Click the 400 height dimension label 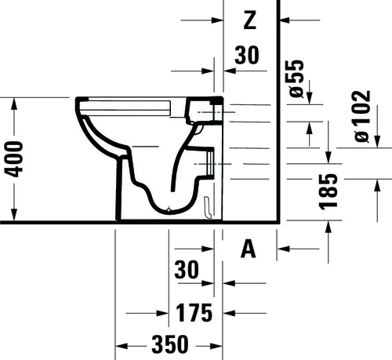pos(13,159)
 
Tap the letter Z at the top pos(250,20)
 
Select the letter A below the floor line pos(249,249)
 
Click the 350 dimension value pos(170,344)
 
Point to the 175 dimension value pos(194,313)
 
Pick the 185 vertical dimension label pos(328,192)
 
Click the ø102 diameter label pos(362,116)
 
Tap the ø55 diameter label pos(296,78)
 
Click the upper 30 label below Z pos(247,55)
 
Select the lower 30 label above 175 pos(187,269)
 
